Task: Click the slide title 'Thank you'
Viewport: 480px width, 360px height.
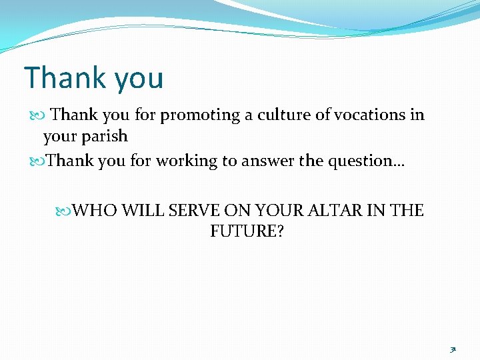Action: pos(93,78)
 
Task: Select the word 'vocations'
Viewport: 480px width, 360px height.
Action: pos(369,115)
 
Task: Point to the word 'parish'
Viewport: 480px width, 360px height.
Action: pos(105,137)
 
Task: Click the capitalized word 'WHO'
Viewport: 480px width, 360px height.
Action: pos(95,211)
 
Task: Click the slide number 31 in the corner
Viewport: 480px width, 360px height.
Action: pos(453,348)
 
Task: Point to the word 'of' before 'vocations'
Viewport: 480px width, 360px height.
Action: pos(323,115)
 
